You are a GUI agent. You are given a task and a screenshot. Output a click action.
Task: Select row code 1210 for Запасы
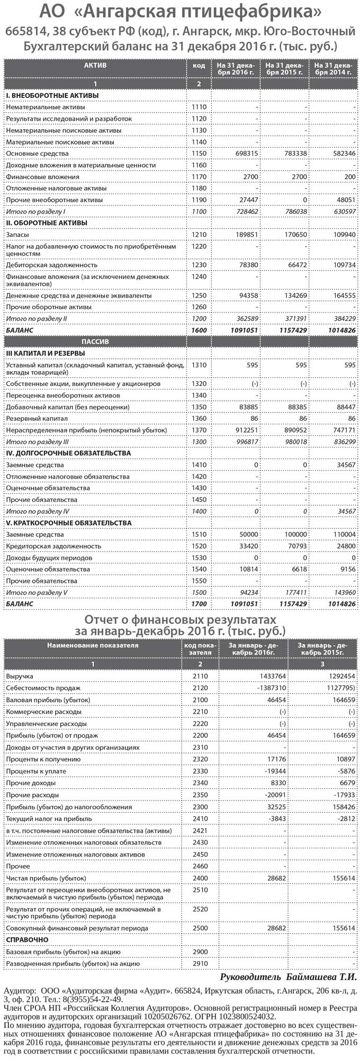tap(199, 235)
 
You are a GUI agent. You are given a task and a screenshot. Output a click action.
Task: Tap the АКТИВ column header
tap(95, 65)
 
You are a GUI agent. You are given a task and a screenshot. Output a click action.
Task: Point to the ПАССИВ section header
tap(95, 342)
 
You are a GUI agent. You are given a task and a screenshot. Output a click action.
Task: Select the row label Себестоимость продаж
tap(43, 688)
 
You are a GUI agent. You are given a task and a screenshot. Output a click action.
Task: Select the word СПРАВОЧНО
tap(27, 940)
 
